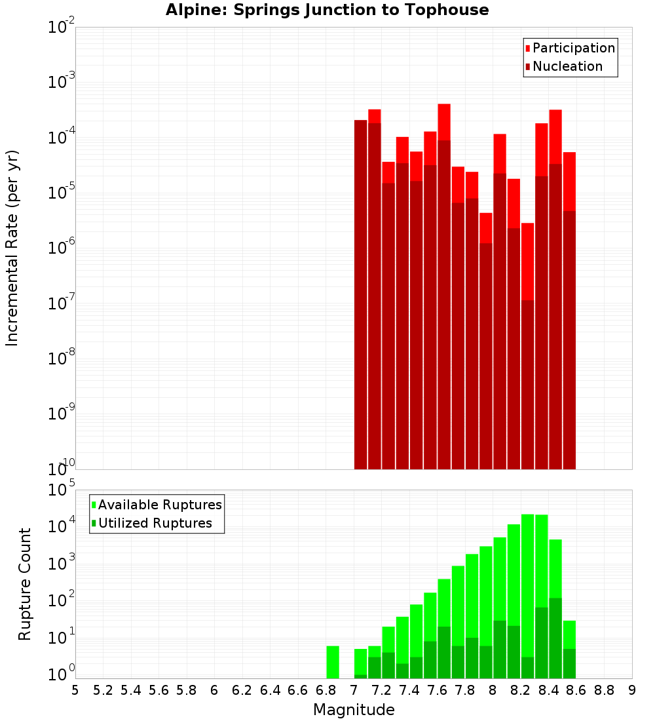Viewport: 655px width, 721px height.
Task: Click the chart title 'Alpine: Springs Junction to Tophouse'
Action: click(x=327, y=10)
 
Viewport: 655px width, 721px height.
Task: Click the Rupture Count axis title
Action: click(x=25, y=584)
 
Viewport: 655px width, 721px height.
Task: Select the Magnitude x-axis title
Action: click(x=354, y=710)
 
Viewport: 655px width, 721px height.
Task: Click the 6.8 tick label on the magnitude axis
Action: click(x=326, y=690)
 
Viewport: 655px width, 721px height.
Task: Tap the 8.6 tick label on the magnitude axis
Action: click(x=576, y=690)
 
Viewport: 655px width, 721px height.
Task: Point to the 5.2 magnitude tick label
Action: click(x=103, y=690)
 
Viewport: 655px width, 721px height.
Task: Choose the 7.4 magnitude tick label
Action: click(x=409, y=690)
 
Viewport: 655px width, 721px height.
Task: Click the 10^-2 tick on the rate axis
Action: click(x=62, y=28)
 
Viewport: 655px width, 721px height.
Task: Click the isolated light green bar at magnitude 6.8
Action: click(x=333, y=662)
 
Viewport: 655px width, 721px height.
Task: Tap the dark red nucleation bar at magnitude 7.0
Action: click(x=360, y=295)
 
